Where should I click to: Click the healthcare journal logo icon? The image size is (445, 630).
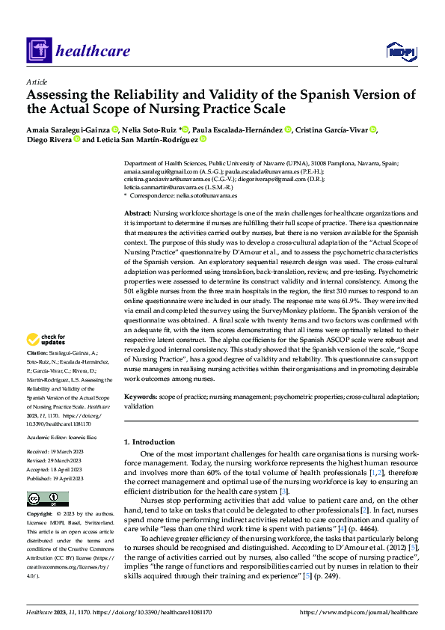point(38,51)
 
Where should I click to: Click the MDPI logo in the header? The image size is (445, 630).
point(399,50)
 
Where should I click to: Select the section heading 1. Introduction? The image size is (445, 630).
point(149,442)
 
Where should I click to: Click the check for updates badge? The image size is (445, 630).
point(46,339)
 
